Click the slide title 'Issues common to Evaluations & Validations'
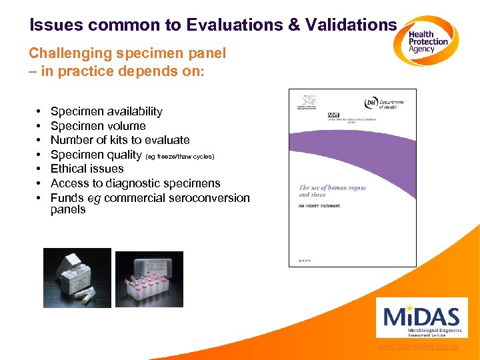point(213,25)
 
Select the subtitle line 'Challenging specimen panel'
point(127,53)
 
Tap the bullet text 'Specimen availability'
point(106,111)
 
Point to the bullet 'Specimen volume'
point(98,126)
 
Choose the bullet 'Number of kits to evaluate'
point(120,140)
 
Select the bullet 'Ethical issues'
point(87,169)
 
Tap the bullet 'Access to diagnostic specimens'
point(135,183)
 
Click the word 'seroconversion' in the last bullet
point(210,198)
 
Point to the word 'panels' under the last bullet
point(68,210)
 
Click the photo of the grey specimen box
point(77,277)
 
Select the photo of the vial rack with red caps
point(149,279)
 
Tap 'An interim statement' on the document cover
point(319,206)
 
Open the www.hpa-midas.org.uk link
point(417,347)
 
